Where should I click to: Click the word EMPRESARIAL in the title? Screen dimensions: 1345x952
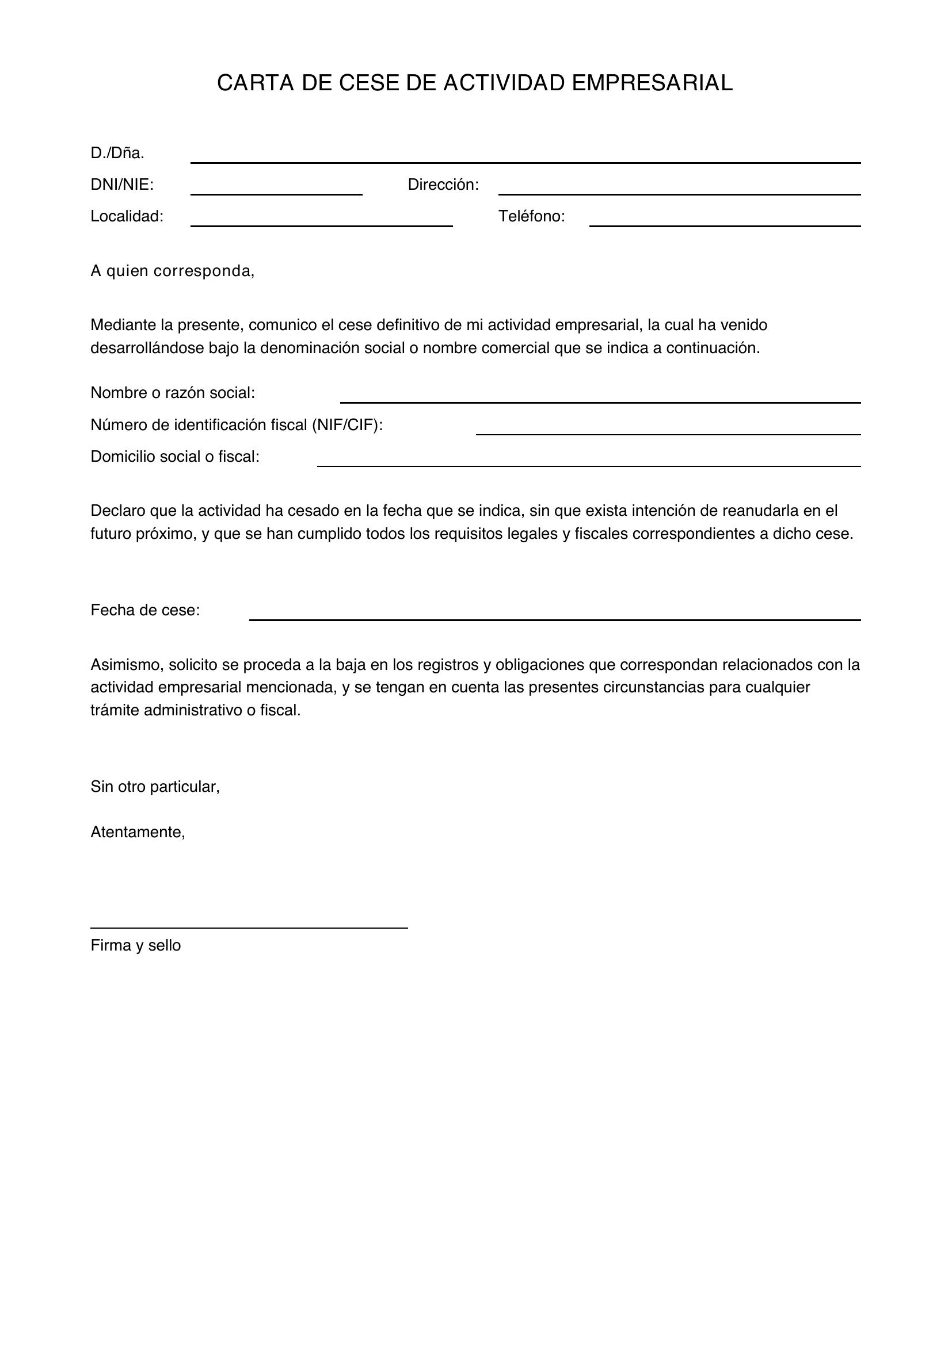[x=652, y=83]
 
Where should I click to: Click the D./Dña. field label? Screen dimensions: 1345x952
[x=117, y=154]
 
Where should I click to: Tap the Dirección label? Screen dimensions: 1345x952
[x=443, y=185]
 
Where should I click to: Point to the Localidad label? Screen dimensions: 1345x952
[x=127, y=217]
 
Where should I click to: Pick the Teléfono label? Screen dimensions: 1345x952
[x=531, y=217]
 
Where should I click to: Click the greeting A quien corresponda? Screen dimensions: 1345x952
[x=172, y=271]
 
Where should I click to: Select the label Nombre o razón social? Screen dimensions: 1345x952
[x=172, y=393]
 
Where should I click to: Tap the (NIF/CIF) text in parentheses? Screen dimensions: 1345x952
[x=347, y=425]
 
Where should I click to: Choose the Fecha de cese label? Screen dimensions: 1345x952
[x=145, y=611]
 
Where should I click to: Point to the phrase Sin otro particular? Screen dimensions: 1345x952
[x=155, y=787]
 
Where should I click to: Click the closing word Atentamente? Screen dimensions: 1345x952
[x=138, y=832]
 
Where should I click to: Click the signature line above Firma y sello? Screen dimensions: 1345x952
[x=249, y=928]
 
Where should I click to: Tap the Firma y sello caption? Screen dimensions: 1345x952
[x=135, y=945]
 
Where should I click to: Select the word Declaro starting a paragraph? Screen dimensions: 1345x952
[x=118, y=511]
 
